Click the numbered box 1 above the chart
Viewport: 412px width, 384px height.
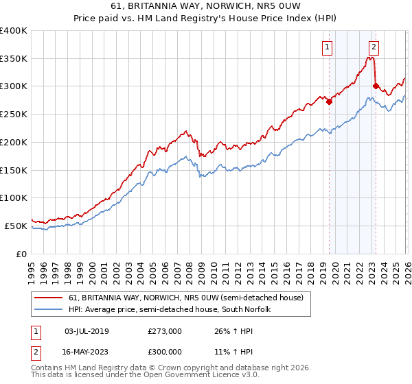click(328, 47)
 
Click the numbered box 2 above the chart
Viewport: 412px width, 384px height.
click(374, 47)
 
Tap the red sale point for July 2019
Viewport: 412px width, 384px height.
click(329, 101)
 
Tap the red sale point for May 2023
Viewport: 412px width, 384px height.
click(376, 86)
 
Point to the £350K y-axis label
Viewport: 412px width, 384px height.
click(13, 59)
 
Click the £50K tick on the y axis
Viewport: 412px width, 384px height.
click(16, 226)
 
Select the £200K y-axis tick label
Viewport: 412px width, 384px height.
click(13, 142)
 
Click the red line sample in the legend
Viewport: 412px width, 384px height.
click(49, 298)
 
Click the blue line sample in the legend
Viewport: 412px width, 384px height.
click(49, 309)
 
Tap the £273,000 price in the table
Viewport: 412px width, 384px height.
click(165, 331)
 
